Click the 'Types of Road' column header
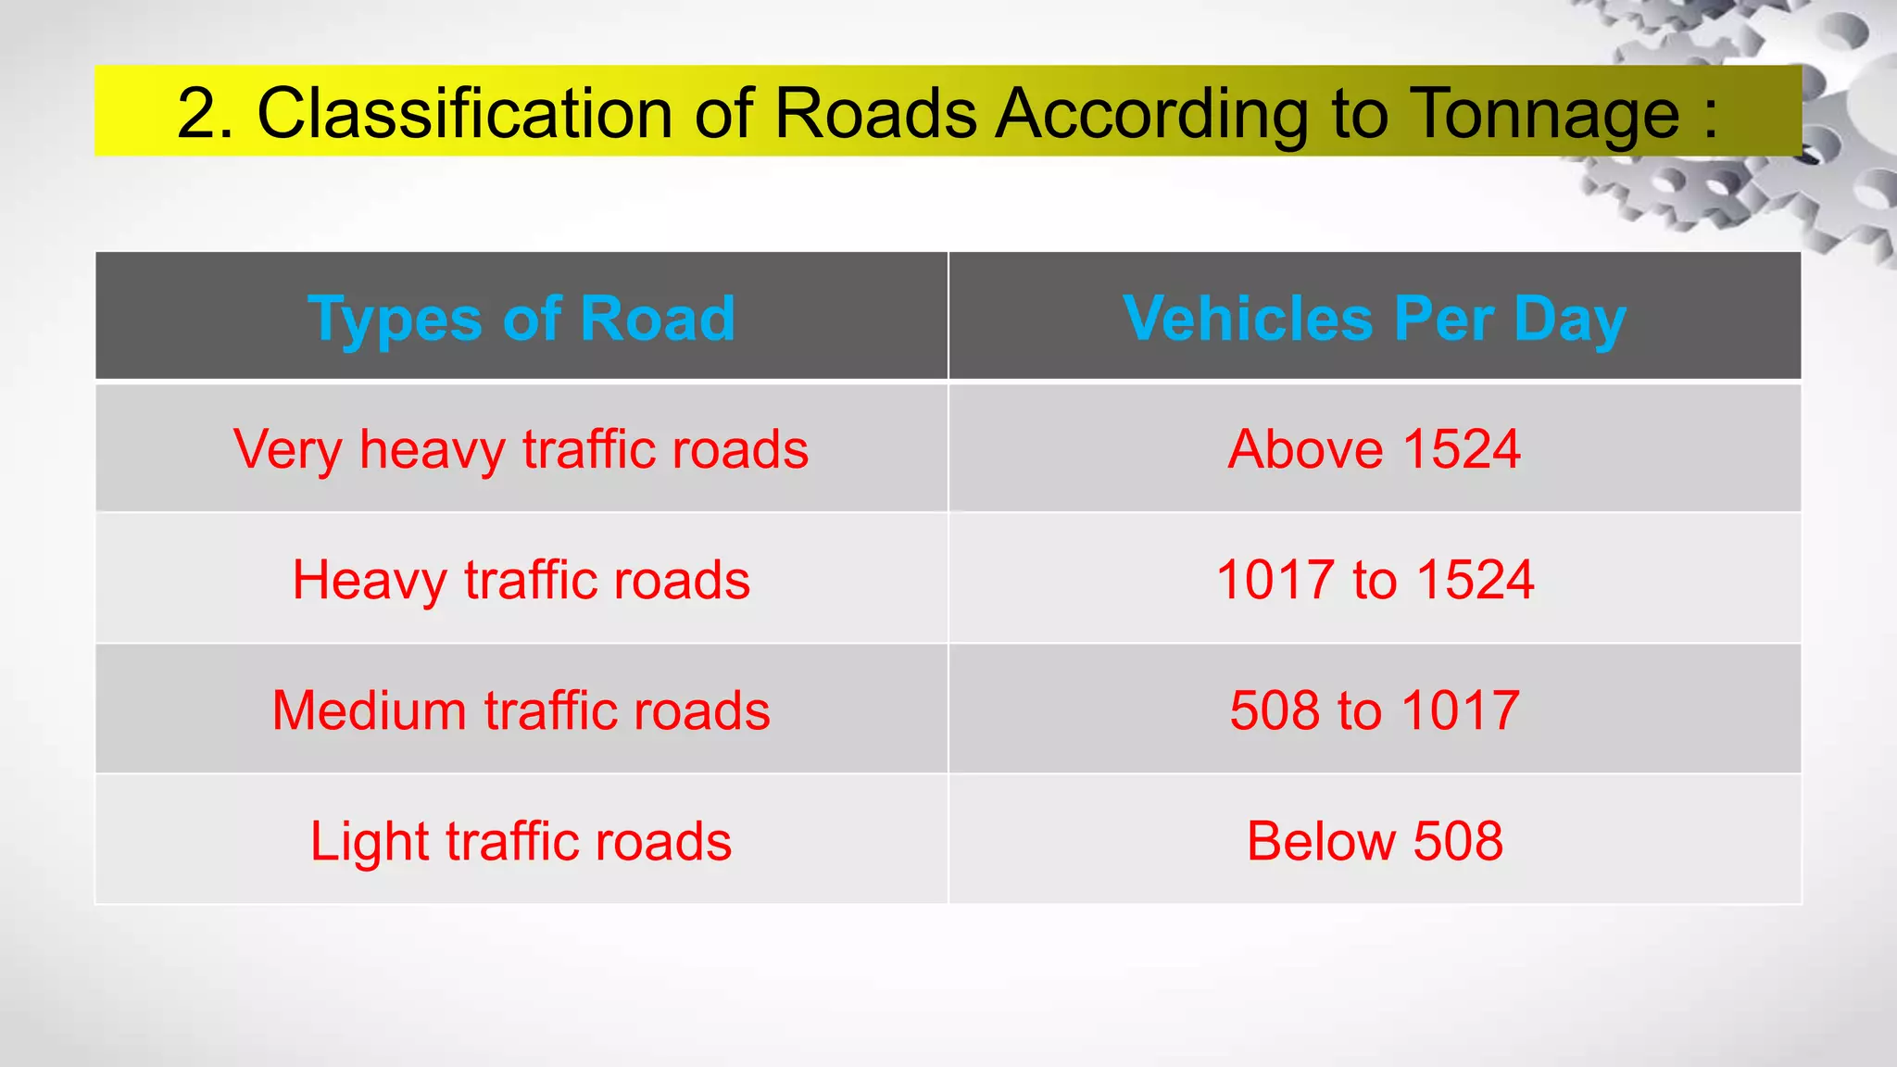(521, 318)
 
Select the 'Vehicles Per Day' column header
(1375, 318)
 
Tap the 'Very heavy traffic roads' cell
(521, 449)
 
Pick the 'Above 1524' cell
(1375, 449)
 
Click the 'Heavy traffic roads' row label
(521, 581)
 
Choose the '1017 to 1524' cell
(1375, 581)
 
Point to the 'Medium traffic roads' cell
(521, 710)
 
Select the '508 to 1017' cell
(1375, 710)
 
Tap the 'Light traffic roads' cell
(521, 841)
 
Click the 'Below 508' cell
(1375, 841)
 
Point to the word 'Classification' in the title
(464, 113)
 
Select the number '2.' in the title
(205, 113)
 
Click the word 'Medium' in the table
(370, 710)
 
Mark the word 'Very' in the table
(287, 449)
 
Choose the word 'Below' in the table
(1320, 841)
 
